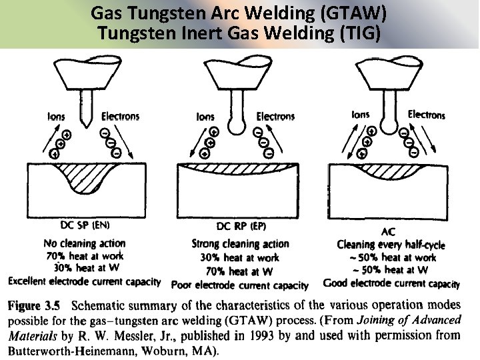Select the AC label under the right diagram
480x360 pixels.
click(388, 232)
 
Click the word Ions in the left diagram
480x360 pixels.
click(56, 117)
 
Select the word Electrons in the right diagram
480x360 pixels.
click(427, 115)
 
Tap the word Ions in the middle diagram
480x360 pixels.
click(205, 117)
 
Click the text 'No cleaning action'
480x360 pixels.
click(84, 243)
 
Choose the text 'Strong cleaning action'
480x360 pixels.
click(240, 244)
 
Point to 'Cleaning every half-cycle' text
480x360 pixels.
click(391, 245)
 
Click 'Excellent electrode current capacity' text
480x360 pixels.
click(85, 281)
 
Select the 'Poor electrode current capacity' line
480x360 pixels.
click(240, 285)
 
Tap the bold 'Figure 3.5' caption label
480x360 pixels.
click(34, 306)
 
